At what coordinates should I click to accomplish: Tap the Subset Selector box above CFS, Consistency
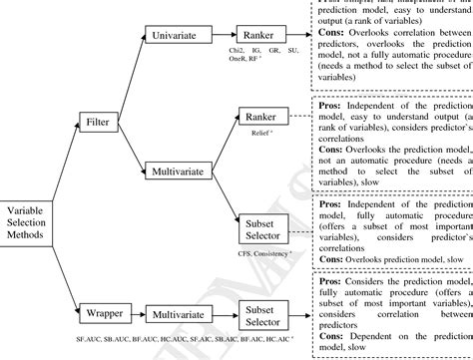[x=262, y=231]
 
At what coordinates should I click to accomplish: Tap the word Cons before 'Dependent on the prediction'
[x=330, y=335]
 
